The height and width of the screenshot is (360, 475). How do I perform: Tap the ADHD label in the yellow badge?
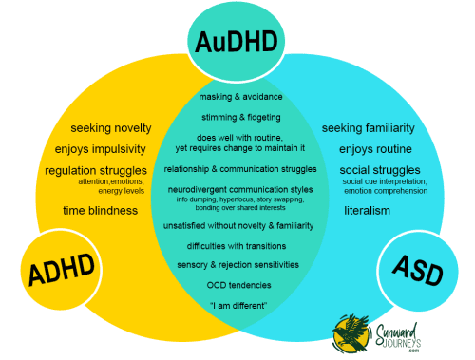[x=58, y=271]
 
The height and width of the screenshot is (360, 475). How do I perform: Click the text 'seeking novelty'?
[x=109, y=128]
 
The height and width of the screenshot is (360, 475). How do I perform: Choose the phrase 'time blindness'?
[x=101, y=210]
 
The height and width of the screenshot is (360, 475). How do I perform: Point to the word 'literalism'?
[x=368, y=210]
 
